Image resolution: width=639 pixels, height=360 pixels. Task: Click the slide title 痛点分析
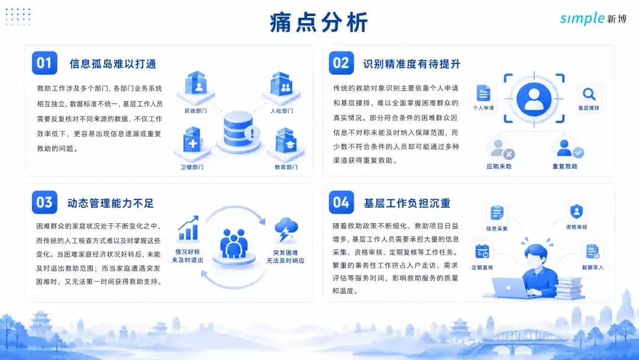[319, 22]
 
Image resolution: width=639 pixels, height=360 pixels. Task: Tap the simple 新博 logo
[593, 18]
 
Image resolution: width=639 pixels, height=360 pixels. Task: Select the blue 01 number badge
[44, 63]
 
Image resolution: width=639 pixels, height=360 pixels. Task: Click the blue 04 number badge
[341, 202]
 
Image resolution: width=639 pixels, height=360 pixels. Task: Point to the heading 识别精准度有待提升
[412, 64]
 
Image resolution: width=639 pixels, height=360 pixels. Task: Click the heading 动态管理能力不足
[111, 203]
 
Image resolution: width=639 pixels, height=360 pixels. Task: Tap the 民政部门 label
[196, 111]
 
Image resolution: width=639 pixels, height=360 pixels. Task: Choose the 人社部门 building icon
[282, 86]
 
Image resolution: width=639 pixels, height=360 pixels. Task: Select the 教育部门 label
[286, 167]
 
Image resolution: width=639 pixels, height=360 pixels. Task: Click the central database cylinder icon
[238, 130]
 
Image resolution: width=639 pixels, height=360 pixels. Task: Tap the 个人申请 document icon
[483, 93]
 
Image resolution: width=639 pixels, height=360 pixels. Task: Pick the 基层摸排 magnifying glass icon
[589, 94]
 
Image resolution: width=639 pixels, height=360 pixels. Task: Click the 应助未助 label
[499, 166]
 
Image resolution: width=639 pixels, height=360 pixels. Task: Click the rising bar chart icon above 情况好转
[189, 229]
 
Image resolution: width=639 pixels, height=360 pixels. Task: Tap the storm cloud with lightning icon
[286, 230]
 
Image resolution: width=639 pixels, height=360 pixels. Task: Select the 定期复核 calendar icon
[482, 252]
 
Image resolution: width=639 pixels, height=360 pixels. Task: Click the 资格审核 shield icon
[576, 211]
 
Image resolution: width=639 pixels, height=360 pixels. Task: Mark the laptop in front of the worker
[510, 288]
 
